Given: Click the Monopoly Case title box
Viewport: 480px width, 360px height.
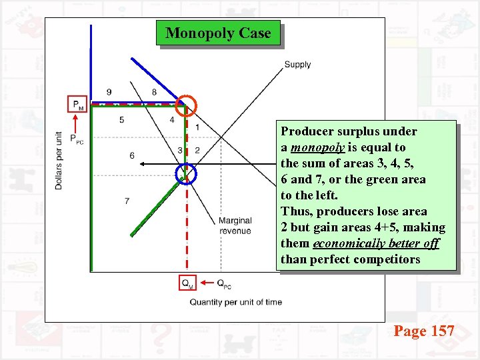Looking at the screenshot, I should (218, 33).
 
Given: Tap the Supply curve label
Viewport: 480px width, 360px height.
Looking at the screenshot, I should (297, 65).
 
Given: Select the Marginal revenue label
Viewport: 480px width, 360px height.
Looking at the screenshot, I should (235, 225).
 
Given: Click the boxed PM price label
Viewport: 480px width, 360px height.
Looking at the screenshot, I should (78, 105).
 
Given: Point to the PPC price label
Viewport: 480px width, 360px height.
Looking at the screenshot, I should (77, 141).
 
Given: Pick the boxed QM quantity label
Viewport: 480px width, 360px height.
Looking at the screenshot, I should (188, 283).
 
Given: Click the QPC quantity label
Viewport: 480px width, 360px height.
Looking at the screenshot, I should (224, 283).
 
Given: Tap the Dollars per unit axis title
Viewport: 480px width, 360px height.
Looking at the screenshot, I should (59, 160).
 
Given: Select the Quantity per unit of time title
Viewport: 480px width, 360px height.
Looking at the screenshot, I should (235, 302).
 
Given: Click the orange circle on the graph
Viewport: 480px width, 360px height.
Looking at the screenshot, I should (187, 105).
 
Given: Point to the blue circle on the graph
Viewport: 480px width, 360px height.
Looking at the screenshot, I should (187, 174).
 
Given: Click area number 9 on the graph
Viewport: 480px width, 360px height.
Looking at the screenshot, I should (109, 92).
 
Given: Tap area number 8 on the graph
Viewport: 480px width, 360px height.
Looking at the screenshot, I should (154, 92).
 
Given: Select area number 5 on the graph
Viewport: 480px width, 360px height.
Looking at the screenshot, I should (121, 120).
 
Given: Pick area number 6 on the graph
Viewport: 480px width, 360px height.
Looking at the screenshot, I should (132, 155).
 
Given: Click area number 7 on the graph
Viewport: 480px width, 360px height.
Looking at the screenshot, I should (127, 201).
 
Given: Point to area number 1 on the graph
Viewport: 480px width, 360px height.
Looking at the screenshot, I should (197, 127).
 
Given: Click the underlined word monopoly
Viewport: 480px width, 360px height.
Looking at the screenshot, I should (315, 147).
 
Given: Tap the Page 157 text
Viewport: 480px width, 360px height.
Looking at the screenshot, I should (424, 331).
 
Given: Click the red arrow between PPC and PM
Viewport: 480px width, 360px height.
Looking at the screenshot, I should (77, 124).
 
